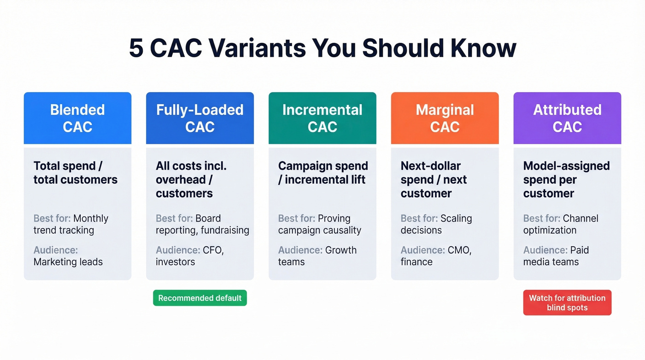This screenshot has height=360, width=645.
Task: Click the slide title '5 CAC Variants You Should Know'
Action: (x=322, y=48)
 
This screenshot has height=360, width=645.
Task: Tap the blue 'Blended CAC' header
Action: (x=77, y=118)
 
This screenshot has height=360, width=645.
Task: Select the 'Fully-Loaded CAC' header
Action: (x=199, y=118)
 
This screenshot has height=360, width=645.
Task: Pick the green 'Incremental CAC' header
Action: (x=322, y=118)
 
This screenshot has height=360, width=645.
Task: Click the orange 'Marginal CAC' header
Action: (x=445, y=118)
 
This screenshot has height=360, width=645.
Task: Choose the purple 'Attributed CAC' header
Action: (x=567, y=118)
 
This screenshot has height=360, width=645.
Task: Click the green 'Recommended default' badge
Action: (x=199, y=298)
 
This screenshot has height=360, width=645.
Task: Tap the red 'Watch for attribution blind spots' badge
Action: (x=567, y=303)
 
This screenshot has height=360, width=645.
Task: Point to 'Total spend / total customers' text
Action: (x=75, y=173)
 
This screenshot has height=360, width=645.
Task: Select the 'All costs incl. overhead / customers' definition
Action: (x=191, y=179)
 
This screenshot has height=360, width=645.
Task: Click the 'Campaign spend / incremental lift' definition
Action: (x=322, y=173)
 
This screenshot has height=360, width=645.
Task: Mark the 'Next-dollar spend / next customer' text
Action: (x=434, y=179)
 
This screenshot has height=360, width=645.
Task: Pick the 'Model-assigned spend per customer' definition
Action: (x=566, y=179)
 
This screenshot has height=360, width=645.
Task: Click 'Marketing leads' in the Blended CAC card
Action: (x=68, y=262)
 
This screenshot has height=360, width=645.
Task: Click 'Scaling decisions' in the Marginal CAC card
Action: (x=436, y=224)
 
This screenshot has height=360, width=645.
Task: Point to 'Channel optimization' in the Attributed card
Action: (x=561, y=224)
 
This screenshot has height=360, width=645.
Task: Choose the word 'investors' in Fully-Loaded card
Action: (x=175, y=262)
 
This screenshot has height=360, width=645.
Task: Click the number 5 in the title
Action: (x=136, y=48)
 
